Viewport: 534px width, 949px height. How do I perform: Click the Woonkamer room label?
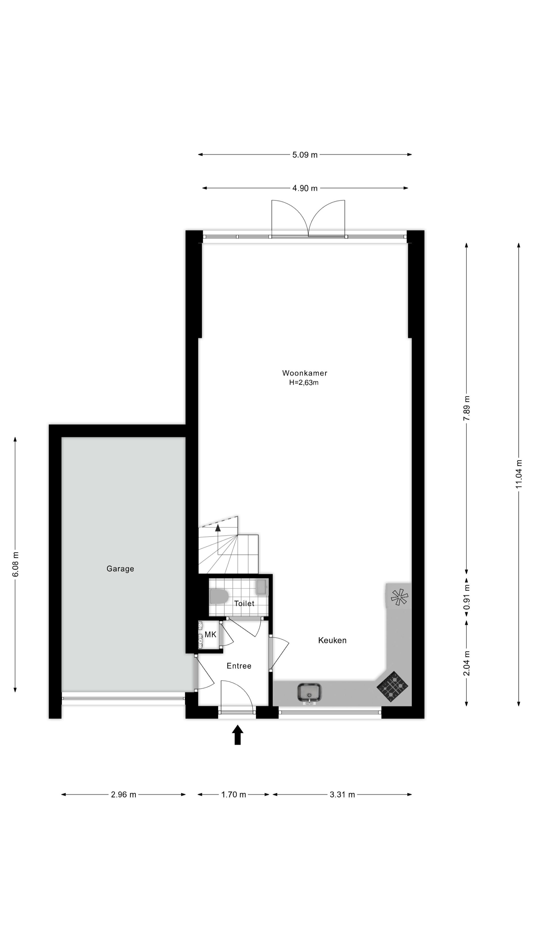(304, 373)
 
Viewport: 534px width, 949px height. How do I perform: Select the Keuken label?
(332, 640)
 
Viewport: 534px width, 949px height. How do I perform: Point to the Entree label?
(239, 666)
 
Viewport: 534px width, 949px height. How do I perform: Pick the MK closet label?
(210, 634)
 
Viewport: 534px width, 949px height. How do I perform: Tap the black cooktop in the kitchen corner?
(392, 686)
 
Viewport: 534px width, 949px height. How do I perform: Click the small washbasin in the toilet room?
(262, 587)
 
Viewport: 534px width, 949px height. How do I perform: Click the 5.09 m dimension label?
(305, 155)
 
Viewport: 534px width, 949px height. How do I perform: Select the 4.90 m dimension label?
(305, 188)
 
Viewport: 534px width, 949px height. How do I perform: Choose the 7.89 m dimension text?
(467, 408)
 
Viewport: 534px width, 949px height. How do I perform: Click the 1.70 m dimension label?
(234, 794)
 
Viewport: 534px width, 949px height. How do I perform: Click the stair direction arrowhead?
(218, 528)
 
